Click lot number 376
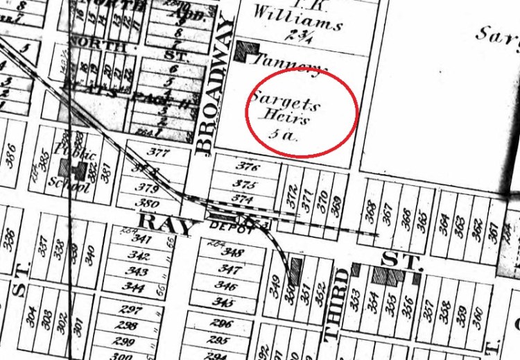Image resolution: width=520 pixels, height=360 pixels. (x=247, y=167)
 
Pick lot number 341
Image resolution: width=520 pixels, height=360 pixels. (x=141, y=240)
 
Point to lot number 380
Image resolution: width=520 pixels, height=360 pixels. (x=146, y=204)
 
